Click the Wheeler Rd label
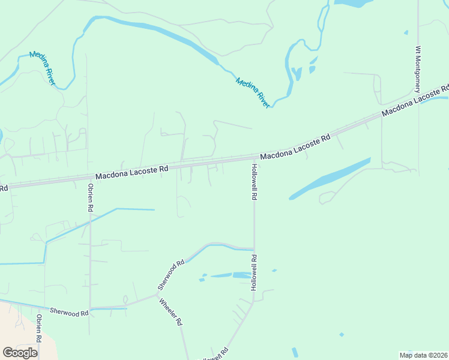[170, 311]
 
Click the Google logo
[20, 352]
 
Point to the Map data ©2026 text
[423, 355]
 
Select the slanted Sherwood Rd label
[171, 275]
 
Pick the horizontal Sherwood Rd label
[69, 312]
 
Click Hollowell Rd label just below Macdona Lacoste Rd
[255, 182]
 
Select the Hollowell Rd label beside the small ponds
[255, 273]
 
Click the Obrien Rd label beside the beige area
[38, 328]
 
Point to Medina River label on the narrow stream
[42, 70]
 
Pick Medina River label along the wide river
[253, 92]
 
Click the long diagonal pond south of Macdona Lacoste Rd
[330, 178]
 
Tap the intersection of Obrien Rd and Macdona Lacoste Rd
[89, 178]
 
